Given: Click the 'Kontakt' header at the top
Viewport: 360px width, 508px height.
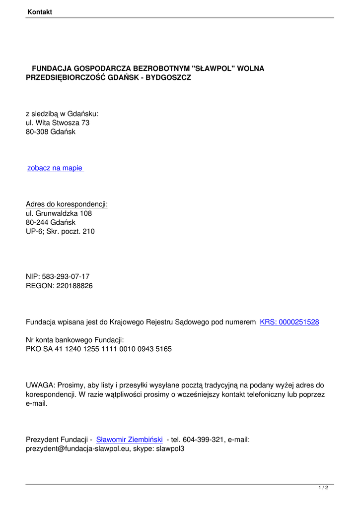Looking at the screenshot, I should click(40, 11).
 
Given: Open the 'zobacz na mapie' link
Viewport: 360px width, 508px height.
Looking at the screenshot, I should click(55, 168).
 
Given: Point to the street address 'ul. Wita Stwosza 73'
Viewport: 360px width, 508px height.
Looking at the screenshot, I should click(58, 123).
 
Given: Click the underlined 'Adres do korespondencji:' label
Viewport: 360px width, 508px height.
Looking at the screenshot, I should click(67, 204).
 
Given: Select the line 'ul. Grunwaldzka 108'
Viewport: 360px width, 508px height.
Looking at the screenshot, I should click(59, 213).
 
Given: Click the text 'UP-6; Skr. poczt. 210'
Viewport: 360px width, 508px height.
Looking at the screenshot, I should click(60, 232).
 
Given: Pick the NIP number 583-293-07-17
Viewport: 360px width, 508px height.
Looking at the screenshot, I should click(66, 276).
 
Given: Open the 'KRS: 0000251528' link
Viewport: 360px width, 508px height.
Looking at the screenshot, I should click(289, 322).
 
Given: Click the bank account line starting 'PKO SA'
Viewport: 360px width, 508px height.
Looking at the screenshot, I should click(99, 349).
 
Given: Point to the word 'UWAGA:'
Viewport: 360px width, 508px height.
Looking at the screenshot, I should click(41, 385).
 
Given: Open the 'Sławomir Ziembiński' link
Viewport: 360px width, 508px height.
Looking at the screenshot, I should click(130, 440).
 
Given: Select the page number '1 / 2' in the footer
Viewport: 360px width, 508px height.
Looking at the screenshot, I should click(323, 488).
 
